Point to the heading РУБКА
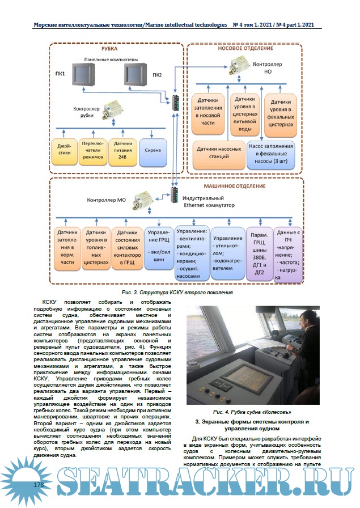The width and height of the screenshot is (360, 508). click(x=117, y=49)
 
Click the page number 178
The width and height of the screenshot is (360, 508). click(x=39, y=485)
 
